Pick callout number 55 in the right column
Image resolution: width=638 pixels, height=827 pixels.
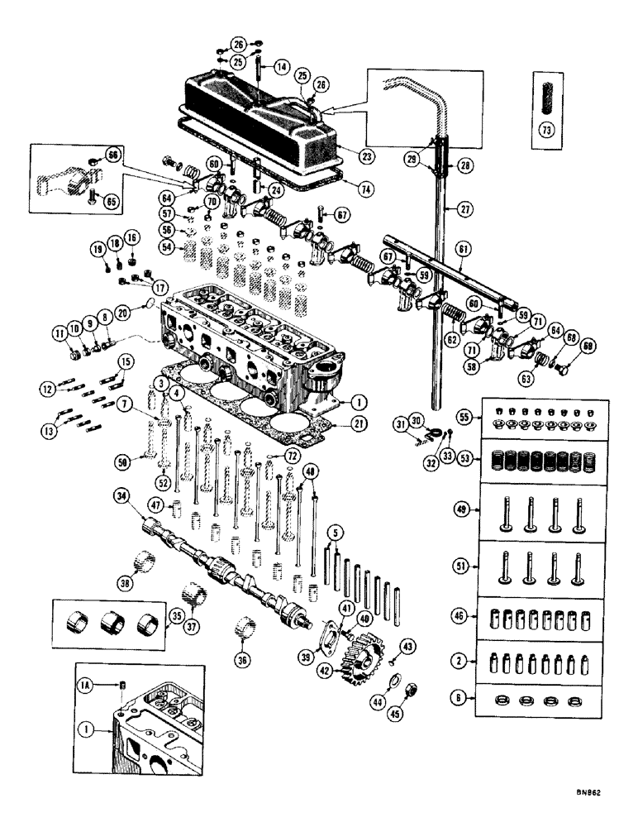point(467,417)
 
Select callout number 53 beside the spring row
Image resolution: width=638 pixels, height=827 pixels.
point(467,456)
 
